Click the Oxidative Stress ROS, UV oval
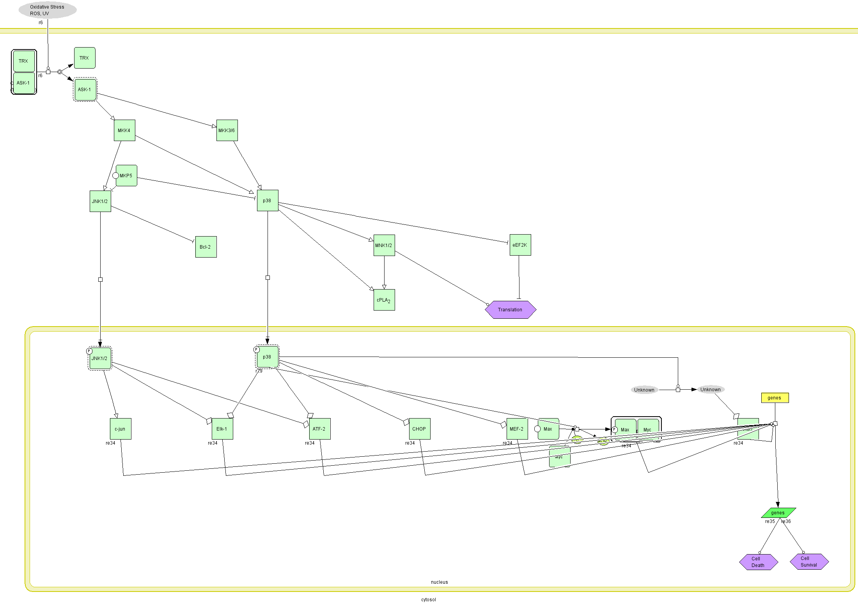click(x=47, y=10)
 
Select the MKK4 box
click(x=124, y=131)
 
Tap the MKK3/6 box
click(x=227, y=131)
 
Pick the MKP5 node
click(x=126, y=176)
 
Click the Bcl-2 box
click(x=206, y=247)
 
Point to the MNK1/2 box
click(x=384, y=245)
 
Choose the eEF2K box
click(x=520, y=245)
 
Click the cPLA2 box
click(x=384, y=300)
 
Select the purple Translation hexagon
click(x=511, y=310)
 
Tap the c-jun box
click(x=121, y=429)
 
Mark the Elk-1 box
click(x=222, y=429)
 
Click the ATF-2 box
click(x=320, y=429)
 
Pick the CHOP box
click(x=420, y=429)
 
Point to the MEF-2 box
click(x=517, y=429)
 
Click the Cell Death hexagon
click(x=759, y=562)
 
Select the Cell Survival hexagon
click(x=809, y=562)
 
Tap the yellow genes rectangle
click(x=775, y=398)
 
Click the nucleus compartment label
click(x=440, y=582)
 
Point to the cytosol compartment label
click(x=429, y=600)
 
